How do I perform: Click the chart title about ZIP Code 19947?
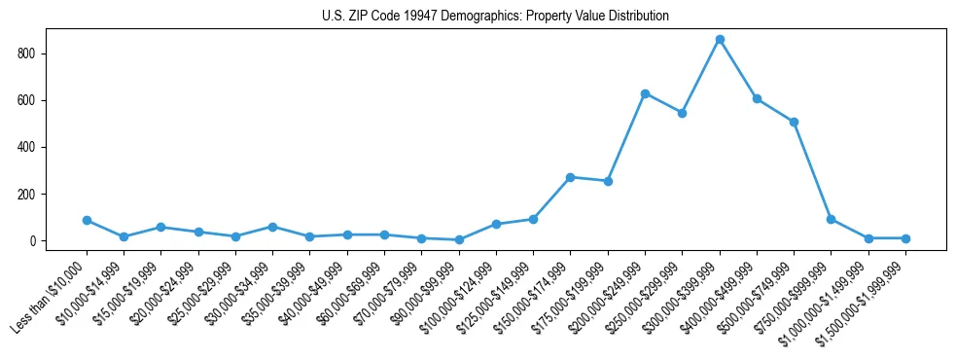tap(495, 17)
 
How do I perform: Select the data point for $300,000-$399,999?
tap(720, 40)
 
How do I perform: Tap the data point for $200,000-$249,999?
tap(645, 93)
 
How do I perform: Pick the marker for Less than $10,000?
tap(87, 220)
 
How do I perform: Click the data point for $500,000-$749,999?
tap(794, 122)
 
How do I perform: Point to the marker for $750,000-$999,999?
tap(831, 219)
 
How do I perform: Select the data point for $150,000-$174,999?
tap(570, 177)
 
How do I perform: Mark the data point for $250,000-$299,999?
tap(682, 113)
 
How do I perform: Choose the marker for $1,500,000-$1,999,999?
tap(905, 238)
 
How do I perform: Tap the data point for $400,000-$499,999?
tap(757, 98)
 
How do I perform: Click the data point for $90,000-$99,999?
tap(459, 239)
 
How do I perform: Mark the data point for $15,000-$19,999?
tap(160, 227)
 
